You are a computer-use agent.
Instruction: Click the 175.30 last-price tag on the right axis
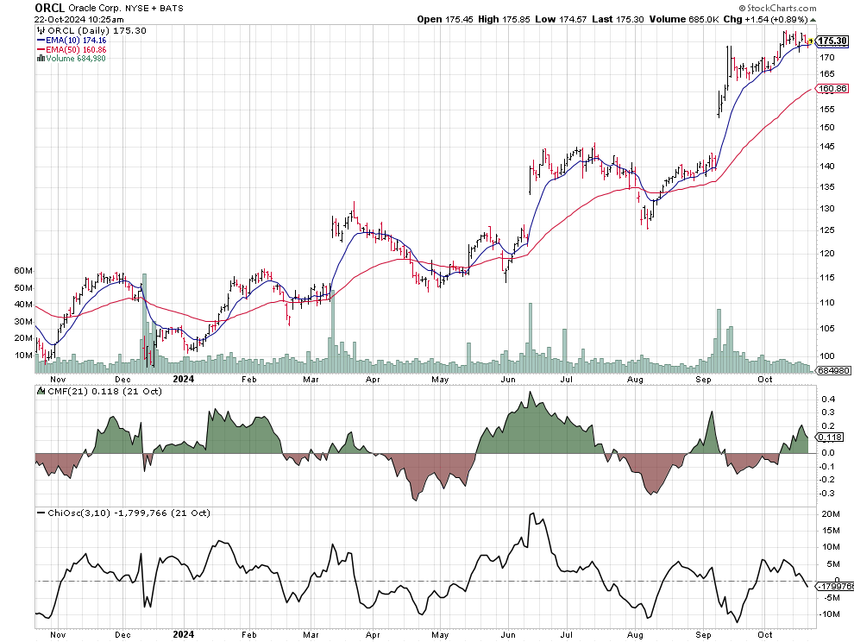832,41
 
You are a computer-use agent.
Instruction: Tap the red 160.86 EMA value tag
832,89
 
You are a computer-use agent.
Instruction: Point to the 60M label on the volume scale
23,270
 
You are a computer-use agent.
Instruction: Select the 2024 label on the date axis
183,378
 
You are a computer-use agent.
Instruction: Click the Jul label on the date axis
568,378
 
